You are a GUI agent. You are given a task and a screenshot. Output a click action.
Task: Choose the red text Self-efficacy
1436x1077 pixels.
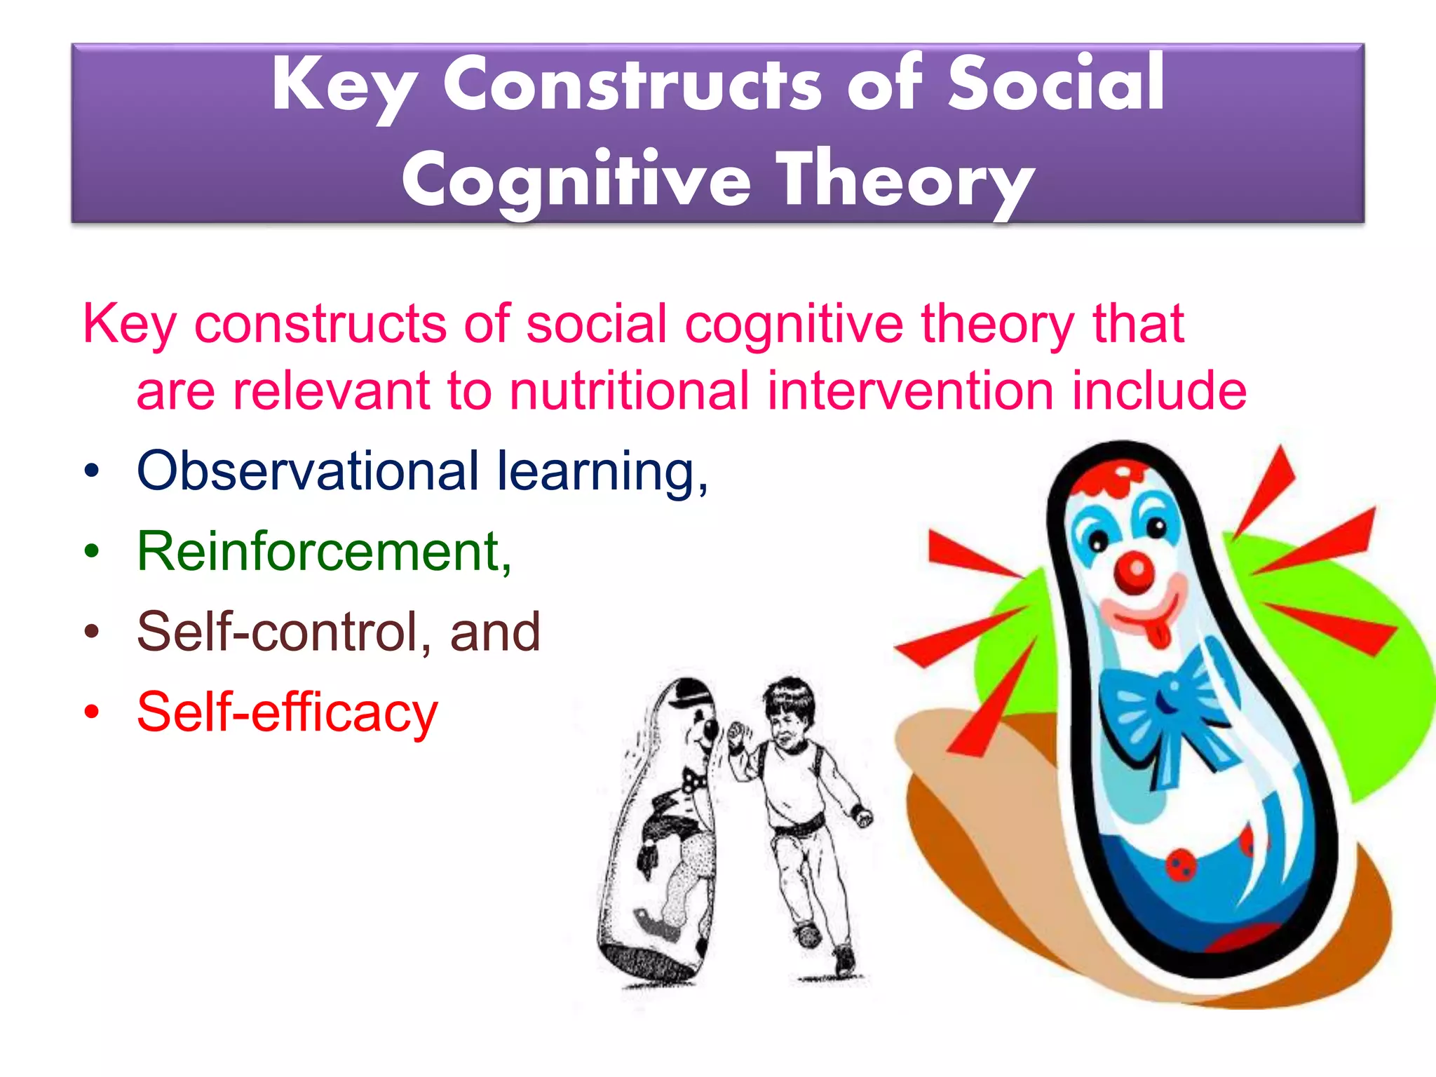pos(287,712)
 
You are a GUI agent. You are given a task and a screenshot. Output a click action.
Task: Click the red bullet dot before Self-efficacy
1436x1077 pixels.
pos(92,712)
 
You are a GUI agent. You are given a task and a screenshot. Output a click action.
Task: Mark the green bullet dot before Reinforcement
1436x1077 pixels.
pos(92,552)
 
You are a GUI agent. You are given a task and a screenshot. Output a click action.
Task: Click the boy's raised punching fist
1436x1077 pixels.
pos(736,736)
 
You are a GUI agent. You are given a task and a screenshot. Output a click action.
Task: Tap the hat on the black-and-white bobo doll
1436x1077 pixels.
pos(691,694)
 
